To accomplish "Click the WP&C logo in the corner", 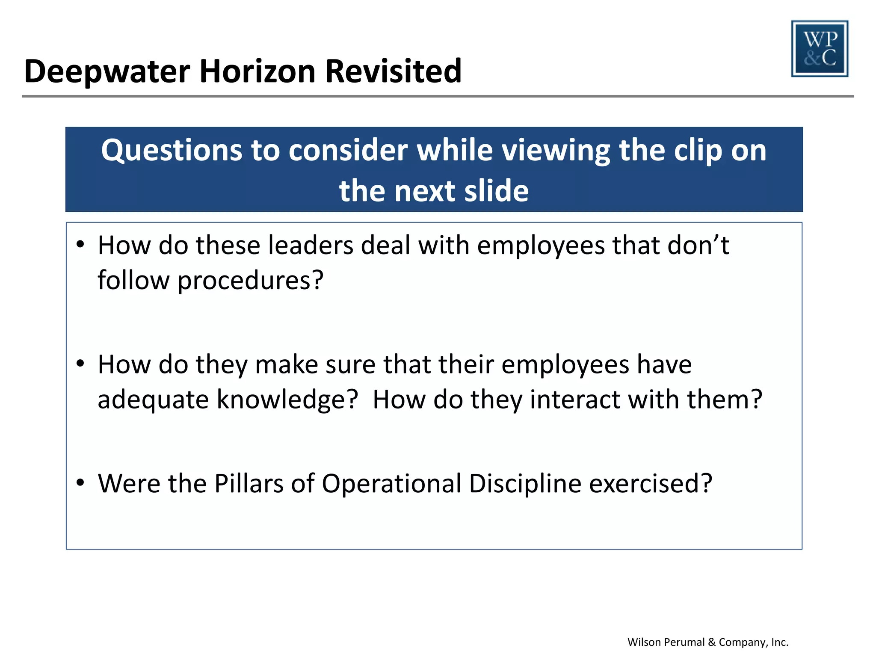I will pos(820,49).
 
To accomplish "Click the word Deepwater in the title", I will pos(107,71).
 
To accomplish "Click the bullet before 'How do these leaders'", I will pos(80,245).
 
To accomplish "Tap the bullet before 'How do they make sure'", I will pos(80,364).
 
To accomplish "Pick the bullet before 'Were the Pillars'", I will pos(80,483).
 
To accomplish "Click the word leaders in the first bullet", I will pos(311,246).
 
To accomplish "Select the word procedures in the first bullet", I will pos(250,281).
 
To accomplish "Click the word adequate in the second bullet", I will pos(153,400).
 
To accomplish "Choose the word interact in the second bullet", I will pos(575,400).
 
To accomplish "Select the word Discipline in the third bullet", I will pos(525,484).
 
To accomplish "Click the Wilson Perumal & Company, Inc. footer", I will pos(708,642).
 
